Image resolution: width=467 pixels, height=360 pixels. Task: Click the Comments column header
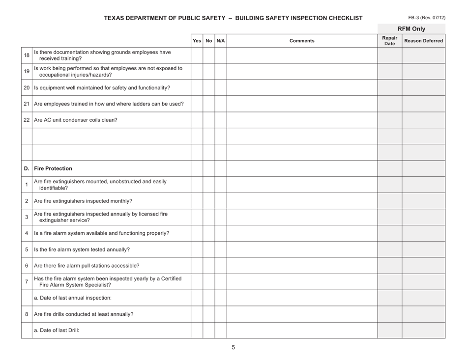pos(301,41)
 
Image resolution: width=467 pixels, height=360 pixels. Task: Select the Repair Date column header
pos(389,41)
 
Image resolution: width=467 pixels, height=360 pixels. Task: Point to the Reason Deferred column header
pos(423,41)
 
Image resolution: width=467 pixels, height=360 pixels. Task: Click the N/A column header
pos(221,41)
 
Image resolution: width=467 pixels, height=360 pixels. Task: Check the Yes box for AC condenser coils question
pos(197,120)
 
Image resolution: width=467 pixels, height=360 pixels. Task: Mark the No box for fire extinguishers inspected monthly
pos(209,201)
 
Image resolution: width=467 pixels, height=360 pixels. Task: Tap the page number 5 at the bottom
pos(233,347)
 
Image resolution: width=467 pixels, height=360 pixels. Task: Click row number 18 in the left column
pos(27,55)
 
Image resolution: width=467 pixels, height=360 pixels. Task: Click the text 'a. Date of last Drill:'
pos(57,331)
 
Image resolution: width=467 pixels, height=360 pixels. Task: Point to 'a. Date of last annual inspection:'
pos(72,298)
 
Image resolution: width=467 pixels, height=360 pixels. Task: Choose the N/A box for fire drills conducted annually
pos(221,314)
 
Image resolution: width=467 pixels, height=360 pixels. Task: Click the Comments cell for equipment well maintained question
pos(301,88)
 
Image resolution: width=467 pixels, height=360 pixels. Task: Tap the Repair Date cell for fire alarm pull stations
pos(389,266)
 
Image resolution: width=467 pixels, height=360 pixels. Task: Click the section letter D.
pos(27,168)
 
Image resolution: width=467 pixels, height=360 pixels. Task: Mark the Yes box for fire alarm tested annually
pos(197,249)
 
